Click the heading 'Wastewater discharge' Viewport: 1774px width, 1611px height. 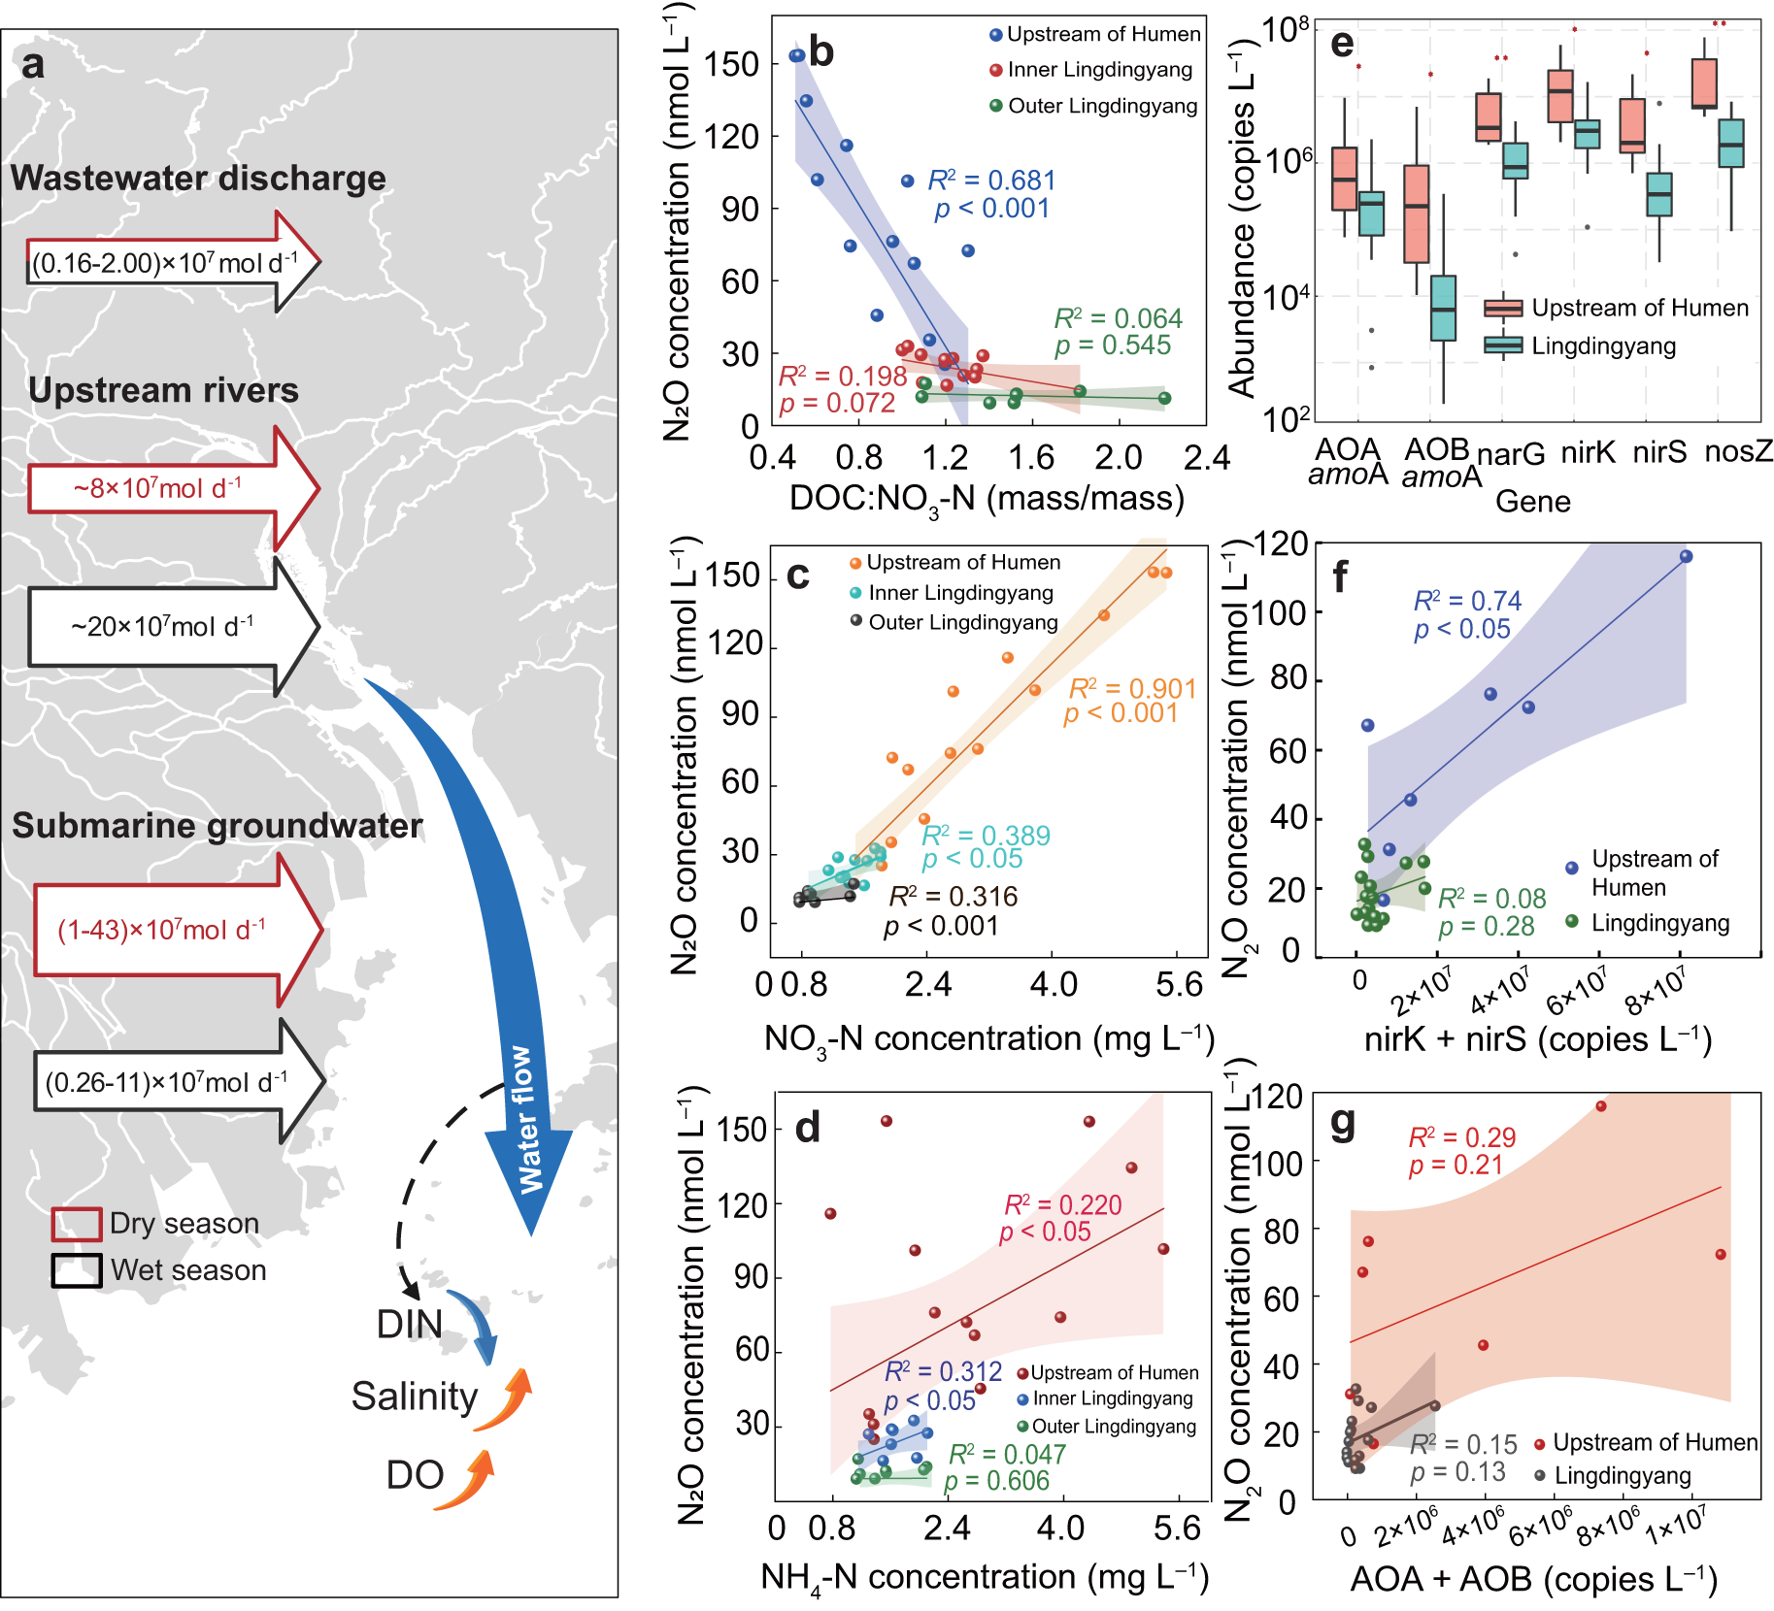(198, 179)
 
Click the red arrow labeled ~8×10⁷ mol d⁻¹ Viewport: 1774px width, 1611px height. (160, 488)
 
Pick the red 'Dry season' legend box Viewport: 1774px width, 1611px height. (77, 1224)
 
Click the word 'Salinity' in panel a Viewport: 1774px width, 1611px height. (415, 1397)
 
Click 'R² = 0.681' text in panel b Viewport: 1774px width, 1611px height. (990, 181)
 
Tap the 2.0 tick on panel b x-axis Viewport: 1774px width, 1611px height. (1119, 458)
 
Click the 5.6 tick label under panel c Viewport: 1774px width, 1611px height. (1179, 986)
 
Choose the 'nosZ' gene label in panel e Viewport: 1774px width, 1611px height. (1738, 451)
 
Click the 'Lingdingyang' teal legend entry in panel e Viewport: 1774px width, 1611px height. (1602, 346)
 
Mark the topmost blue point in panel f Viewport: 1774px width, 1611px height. (1686, 556)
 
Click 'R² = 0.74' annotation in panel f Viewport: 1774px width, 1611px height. (1467, 602)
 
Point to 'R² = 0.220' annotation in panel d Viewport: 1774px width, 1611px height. (1062, 1205)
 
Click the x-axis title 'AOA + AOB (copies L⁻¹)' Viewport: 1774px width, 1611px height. (1533, 1579)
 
